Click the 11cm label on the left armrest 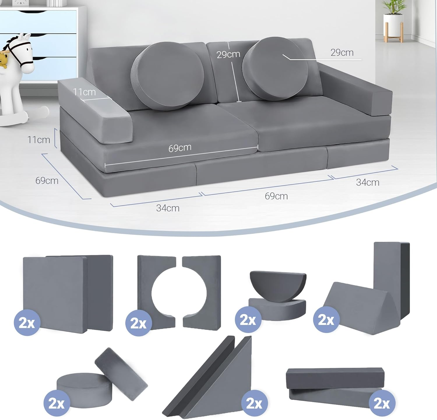84,92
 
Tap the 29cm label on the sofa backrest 228,54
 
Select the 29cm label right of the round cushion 342,53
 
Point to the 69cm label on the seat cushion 180,148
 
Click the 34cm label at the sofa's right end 368,182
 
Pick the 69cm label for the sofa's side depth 47,181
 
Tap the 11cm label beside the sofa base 39,140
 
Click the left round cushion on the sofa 168,76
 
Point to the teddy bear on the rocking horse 3,60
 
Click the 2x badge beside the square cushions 27,323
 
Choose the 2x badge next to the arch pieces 138,323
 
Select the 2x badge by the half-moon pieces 248,320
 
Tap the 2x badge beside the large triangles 254,403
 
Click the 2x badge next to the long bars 382,403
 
